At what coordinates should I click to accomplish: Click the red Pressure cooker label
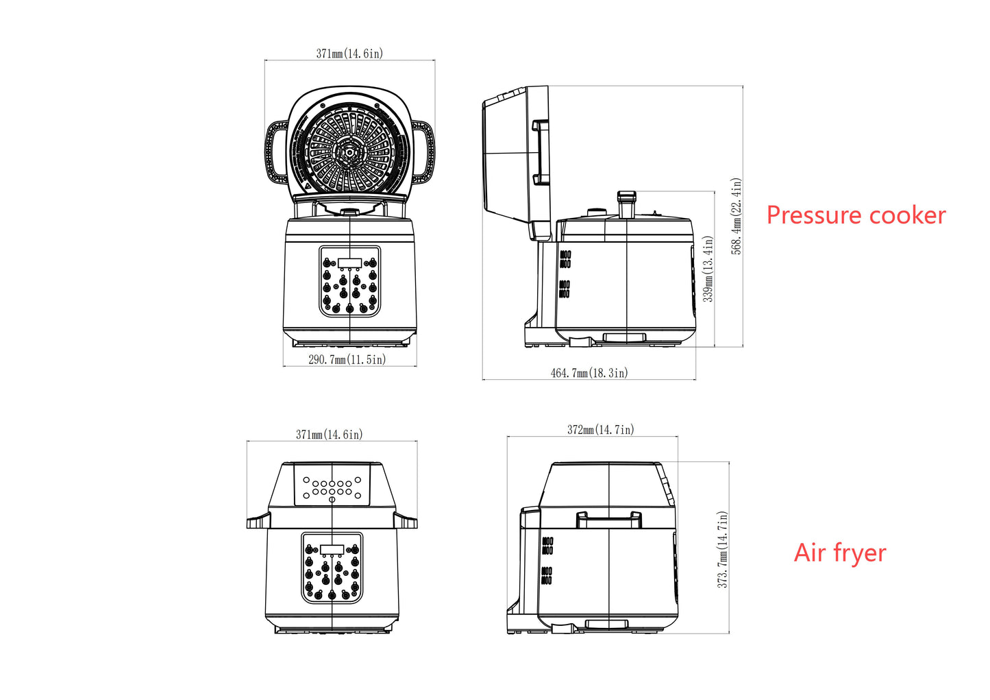tap(856, 215)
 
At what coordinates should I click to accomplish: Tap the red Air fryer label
tap(840, 553)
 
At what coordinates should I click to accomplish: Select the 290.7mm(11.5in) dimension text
tap(347, 359)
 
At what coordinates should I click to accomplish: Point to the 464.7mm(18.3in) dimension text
tap(589, 373)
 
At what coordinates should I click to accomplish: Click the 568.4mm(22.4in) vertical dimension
tap(737, 217)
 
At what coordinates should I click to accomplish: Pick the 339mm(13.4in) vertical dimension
tap(708, 269)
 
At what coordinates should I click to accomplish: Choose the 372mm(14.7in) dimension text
tap(601, 430)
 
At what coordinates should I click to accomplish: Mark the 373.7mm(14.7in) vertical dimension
tap(722, 549)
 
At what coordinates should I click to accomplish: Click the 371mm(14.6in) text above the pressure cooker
tap(349, 53)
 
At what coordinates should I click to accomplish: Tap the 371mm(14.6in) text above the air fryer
tap(330, 435)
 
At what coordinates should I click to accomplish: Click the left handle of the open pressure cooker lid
tap(277, 152)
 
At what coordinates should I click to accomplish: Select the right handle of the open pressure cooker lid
tap(422, 152)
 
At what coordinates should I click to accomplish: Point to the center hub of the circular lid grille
tap(349, 152)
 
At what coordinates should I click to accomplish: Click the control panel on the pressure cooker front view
tap(349, 281)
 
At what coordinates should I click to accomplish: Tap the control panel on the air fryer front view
tap(332, 568)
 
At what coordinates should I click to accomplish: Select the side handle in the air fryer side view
tap(609, 520)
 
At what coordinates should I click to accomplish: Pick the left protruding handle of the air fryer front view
tap(258, 522)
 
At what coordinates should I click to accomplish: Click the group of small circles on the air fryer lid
tap(332, 487)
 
